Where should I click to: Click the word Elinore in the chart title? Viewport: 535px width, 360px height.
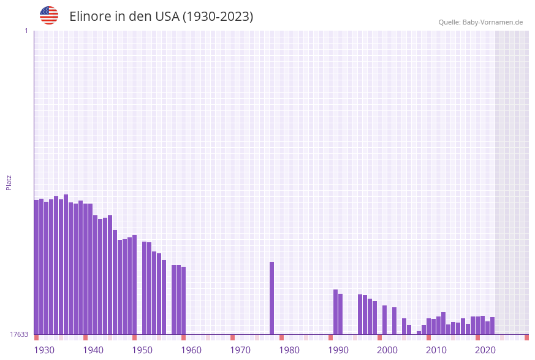point(89,17)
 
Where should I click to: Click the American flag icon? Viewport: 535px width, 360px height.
point(49,15)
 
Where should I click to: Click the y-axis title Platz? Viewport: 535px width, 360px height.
point(9,182)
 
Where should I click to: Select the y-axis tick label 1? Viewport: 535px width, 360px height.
point(26,31)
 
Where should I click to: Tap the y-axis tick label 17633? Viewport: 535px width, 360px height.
point(19,334)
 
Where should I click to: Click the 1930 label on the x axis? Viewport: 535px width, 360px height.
point(44,350)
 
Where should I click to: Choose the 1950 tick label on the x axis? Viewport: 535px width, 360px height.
point(142,350)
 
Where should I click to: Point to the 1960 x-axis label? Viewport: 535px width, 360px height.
point(191,350)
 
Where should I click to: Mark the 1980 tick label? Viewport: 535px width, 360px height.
point(289,350)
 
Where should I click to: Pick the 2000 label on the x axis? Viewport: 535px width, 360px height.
point(387,350)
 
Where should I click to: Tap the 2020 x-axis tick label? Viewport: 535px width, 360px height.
point(485,350)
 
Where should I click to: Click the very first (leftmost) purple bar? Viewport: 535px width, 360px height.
point(36,267)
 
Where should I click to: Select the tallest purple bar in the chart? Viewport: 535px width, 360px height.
point(66,264)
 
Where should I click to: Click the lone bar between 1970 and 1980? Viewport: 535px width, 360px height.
point(271,298)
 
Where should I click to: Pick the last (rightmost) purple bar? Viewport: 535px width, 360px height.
point(492,326)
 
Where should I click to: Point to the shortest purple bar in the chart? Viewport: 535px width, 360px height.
point(419,332)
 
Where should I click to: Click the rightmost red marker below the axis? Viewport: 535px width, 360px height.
point(526,337)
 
